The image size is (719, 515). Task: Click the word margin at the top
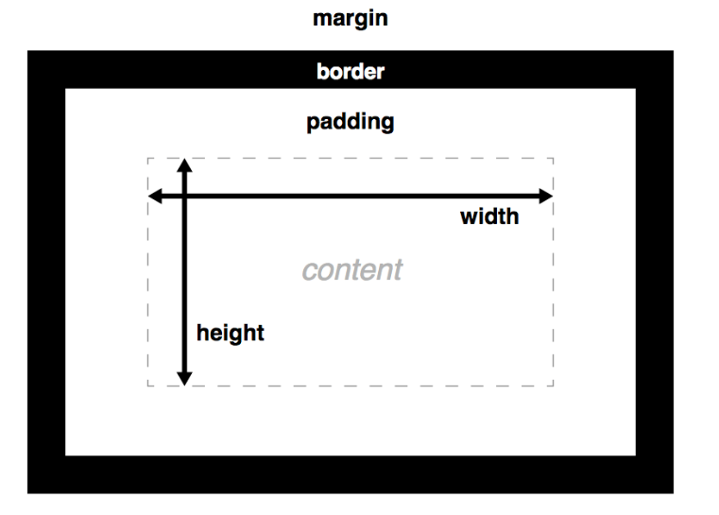351,19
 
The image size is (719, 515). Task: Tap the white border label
351,72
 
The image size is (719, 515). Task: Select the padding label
351,123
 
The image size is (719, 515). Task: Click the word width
489,216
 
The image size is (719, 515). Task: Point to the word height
231,334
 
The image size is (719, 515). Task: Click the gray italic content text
352,269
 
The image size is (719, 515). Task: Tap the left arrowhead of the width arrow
155,196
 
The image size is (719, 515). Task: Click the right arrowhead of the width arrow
546,196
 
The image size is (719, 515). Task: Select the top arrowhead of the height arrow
184,165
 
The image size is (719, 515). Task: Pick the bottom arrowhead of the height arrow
184,379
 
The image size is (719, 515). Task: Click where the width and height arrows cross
184,196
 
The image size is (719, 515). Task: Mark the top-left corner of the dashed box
147,158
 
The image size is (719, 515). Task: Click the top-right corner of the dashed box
554,158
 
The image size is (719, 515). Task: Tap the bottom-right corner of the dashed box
554,386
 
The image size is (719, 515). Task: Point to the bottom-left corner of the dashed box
147,386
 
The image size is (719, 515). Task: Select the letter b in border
323,72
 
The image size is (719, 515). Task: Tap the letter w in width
470,218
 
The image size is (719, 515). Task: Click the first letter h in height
203,332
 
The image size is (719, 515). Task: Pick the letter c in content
310,270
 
